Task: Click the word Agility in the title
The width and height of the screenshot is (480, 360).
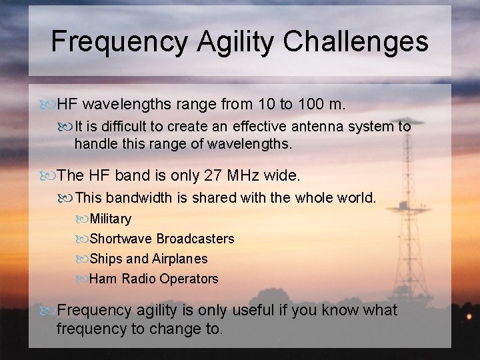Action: (x=236, y=41)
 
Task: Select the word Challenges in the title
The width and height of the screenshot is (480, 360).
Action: (x=355, y=41)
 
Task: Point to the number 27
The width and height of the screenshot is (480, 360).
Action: (x=216, y=175)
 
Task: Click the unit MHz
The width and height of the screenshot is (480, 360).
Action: (x=249, y=175)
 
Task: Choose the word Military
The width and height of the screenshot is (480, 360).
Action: (x=111, y=219)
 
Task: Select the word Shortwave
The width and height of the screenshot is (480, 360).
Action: (x=121, y=239)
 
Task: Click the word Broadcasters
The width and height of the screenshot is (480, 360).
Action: (x=195, y=239)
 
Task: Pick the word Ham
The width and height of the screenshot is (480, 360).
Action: (x=102, y=279)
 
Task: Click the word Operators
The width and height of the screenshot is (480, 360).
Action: (x=188, y=279)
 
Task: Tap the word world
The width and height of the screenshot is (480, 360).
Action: (x=359, y=197)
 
